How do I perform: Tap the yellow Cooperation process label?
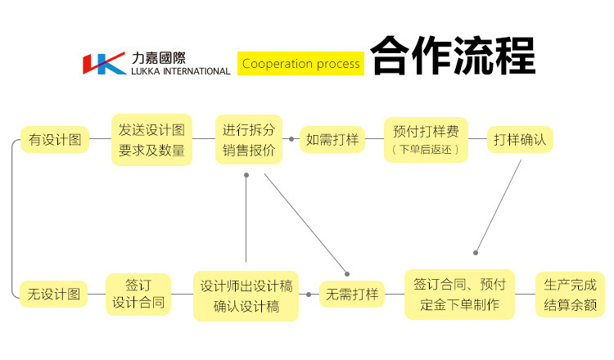click(x=300, y=63)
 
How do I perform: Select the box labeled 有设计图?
click(x=54, y=140)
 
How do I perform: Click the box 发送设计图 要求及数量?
click(x=151, y=140)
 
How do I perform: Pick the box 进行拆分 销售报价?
click(x=248, y=140)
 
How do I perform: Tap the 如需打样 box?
click(x=332, y=139)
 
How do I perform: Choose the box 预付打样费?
click(x=426, y=139)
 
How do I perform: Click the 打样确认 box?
click(x=520, y=139)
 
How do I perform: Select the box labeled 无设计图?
click(x=54, y=294)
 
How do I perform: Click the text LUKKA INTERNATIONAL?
click(x=180, y=71)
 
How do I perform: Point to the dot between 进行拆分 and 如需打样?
click(x=291, y=139)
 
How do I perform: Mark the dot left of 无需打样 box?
click(x=309, y=294)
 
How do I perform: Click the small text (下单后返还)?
click(x=426, y=150)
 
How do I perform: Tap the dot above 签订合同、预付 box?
click(x=476, y=253)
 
